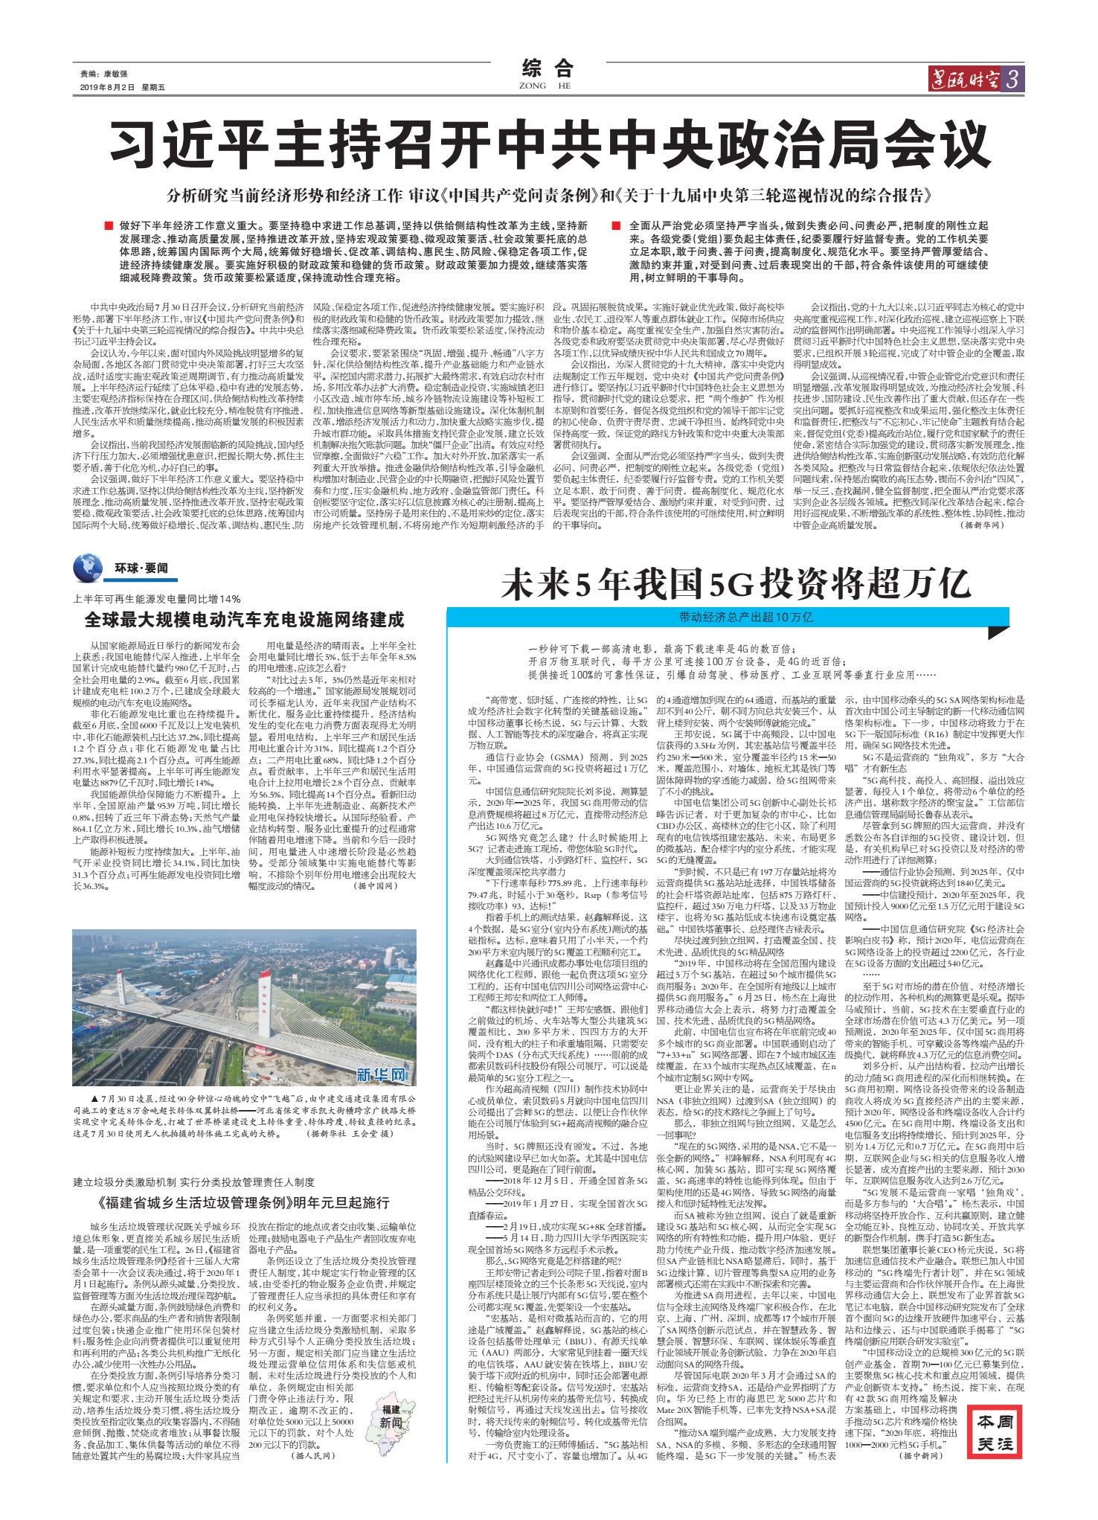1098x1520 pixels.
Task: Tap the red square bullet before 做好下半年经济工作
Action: (109, 225)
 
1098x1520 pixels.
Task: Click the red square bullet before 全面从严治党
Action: (616, 225)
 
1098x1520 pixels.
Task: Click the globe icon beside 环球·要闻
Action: (88, 568)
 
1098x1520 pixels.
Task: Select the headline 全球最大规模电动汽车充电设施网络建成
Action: (244, 620)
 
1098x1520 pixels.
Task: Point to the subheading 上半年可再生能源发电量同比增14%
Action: (157, 599)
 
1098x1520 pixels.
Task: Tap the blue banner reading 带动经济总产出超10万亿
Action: (745, 617)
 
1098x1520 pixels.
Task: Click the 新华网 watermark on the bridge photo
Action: (382, 1074)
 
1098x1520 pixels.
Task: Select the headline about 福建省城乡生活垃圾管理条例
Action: (243, 1203)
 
